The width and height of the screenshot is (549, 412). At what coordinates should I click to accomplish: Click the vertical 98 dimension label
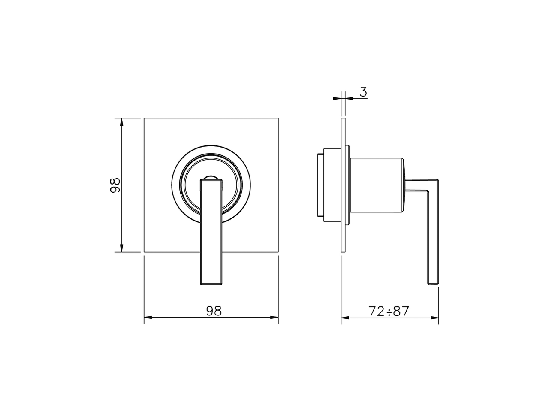coord(114,185)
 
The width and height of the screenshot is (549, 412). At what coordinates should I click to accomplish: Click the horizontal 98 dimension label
coord(214,311)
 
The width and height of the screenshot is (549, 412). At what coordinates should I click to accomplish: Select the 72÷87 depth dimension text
coord(389,311)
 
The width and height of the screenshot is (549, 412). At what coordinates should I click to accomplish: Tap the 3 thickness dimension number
coord(363,92)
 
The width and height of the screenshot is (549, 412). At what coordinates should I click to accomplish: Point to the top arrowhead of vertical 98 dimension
coord(122,121)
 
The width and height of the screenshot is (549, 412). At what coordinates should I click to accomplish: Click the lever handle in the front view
coord(211,232)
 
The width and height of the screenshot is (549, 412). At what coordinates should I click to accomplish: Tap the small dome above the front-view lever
coord(211,177)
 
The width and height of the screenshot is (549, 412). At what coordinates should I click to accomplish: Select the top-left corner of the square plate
coord(144,118)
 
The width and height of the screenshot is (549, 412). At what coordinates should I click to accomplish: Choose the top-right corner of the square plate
coord(278,118)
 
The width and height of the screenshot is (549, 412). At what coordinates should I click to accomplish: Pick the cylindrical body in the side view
coord(376,185)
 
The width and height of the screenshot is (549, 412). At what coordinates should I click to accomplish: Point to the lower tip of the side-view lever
coord(433,282)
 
